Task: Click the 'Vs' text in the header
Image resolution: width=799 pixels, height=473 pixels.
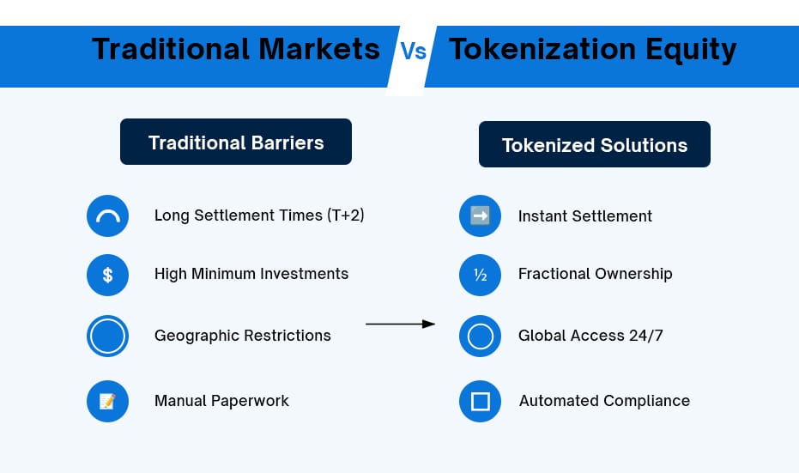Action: pyautogui.click(x=414, y=52)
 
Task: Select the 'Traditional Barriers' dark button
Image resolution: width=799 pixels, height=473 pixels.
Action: pyautogui.click(x=236, y=142)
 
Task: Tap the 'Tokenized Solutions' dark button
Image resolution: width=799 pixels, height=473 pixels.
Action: pyautogui.click(x=595, y=144)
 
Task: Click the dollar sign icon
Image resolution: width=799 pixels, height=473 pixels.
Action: pyautogui.click(x=107, y=276)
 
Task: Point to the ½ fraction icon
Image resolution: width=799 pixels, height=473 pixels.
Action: pyautogui.click(x=480, y=276)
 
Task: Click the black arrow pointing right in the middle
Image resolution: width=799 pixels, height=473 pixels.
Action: pyautogui.click(x=401, y=324)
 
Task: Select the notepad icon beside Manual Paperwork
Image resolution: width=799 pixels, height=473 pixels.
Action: pyautogui.click(x=107, y=401)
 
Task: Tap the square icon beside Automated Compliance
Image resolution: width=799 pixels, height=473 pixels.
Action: pyautogui.click(x=480, y=401)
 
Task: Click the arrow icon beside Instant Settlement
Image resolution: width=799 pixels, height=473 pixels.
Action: pyautogui.click(x=480, y=215)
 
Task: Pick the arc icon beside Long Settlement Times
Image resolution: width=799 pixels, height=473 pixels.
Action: pyautogui.click(x=107, y=215)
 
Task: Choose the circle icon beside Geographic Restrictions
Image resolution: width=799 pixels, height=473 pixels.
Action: pyautogui.click(x=107, y=336)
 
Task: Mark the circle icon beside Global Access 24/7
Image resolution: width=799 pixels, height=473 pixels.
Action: pyautogui.click(x=480, y=336)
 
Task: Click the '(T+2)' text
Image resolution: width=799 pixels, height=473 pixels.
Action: pyautogui.click(x=346, y=215)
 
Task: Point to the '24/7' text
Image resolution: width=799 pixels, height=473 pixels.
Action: pyautogui.click(x=645, y=336)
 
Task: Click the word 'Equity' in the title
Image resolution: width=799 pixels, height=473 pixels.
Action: pyautogui.click(x=691, y=51)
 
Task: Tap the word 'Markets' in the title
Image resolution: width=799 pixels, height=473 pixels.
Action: pyautogui.click(x=319, y=49)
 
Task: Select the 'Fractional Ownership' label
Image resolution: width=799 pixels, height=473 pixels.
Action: pyautogui.click(x=596, y=274)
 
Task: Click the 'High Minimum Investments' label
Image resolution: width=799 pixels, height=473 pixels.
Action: pyautogui.click(x=251, y=274)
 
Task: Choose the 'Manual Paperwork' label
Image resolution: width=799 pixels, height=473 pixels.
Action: pyautogui.click(x=221, y=401)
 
